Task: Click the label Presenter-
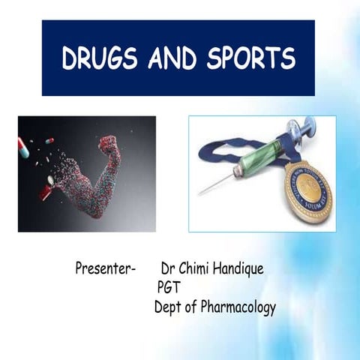pos(106,268)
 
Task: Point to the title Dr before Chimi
pos(169,268)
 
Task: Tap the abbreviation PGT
pos(169,287)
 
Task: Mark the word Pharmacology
pos(238,307)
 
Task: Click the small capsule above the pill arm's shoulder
pos(49,140)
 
